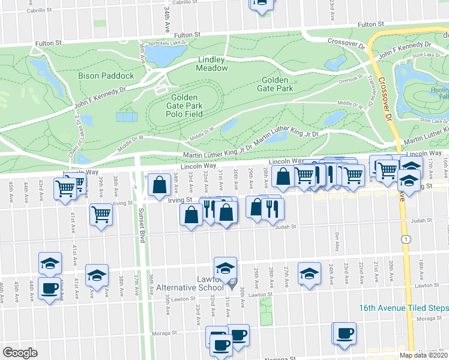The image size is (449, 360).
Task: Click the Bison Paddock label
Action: click(x=106, y=76)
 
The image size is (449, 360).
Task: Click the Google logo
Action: click(x=20, y=353)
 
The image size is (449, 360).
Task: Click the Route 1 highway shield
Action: click(x=408, y=239)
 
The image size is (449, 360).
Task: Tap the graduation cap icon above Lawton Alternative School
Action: click(x=225, y=268)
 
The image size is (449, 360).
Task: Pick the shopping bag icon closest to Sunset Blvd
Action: click(x=160, y=185)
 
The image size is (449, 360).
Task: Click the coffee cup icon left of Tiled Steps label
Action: click(x=345, y=334)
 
